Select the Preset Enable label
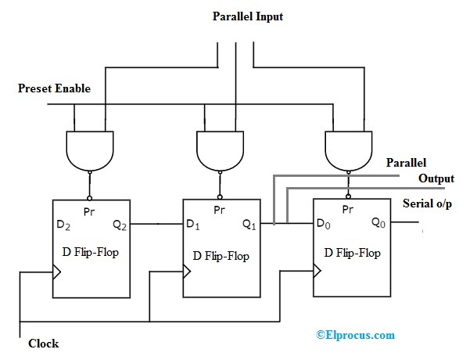click(x=54, y=88)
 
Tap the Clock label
click(x=43, y=343)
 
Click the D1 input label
click(x=193, y=225)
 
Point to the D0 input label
click(x=323, y=224)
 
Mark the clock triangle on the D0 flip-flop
click(x=317, y=271)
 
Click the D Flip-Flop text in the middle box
click(x=220, y=256)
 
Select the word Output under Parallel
click(x=436, y=178)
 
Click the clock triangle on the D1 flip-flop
click(x=188, y=272)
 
